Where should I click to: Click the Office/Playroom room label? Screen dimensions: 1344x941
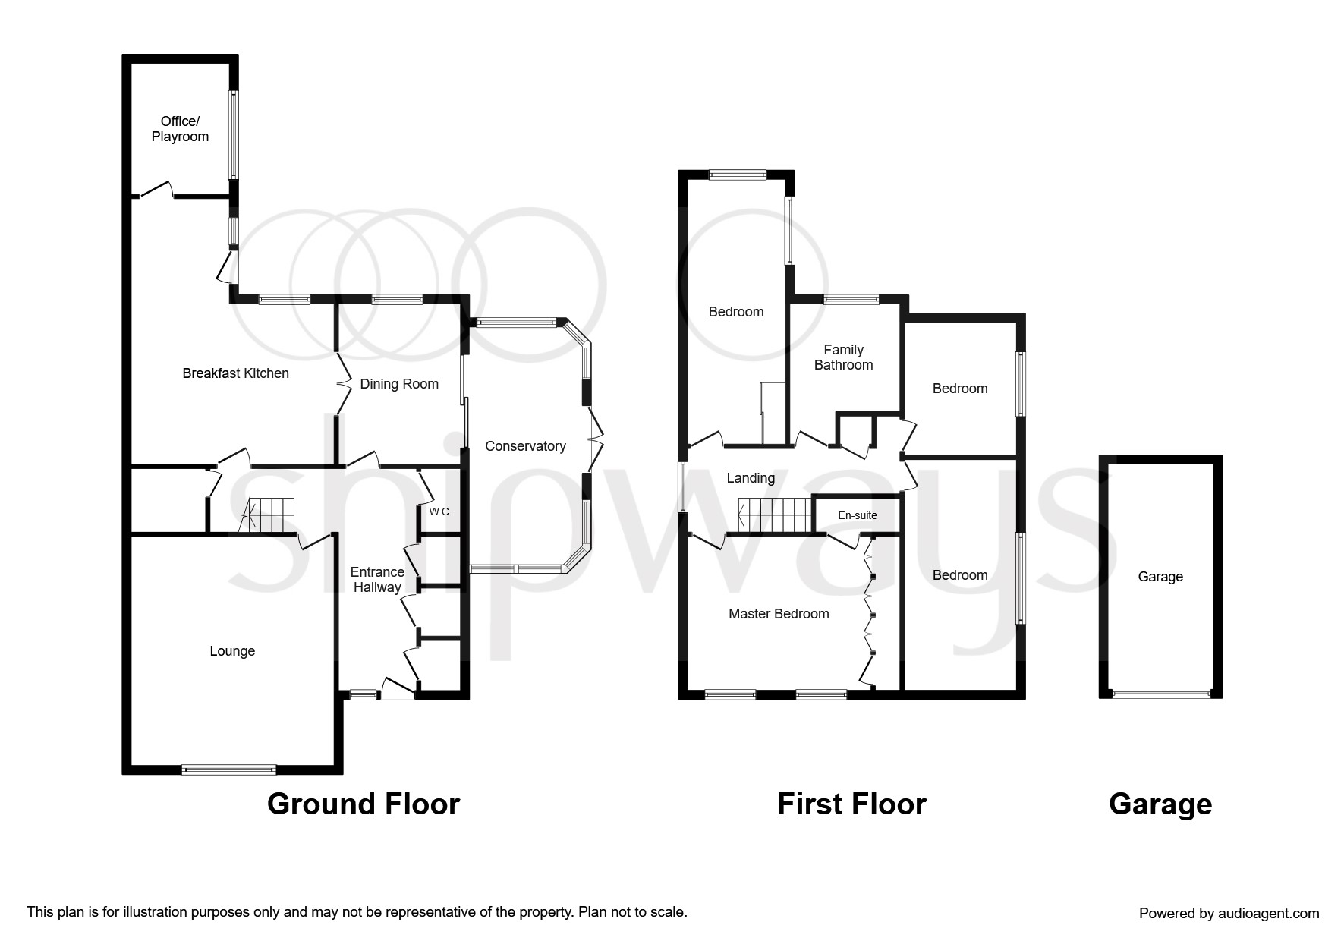click(x=180, y=129)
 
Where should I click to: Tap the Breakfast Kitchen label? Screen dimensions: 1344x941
click(x=235, y=373)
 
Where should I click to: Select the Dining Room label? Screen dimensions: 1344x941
click(x=399, y=384)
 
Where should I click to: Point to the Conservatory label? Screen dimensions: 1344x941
click(x=525, y=446)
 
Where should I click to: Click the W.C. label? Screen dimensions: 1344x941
click(x=440, y=512)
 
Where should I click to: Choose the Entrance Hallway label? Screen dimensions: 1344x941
click(x=377, y=580)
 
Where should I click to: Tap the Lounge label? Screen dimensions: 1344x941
click(x=232, y=651)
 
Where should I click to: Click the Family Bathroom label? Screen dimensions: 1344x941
click(x=844, y=357)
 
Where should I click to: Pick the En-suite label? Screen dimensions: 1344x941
click(x=858, y=515)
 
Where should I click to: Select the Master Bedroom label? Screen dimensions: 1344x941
click(x=779, y=614)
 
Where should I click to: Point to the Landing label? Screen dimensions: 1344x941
click(x=751, y=478)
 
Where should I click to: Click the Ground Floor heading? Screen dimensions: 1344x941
click(x=364, y=804)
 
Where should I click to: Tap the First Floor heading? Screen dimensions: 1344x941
click(x=852, y=804)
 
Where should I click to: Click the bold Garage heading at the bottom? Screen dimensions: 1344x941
click(x=1160, y=804)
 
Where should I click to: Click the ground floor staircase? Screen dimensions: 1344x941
click(x=268, y=515)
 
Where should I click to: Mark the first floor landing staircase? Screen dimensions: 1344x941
click(x=775, y=515)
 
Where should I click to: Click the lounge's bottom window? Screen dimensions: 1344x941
click(x=228, y=769)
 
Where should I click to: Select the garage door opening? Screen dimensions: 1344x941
click(x=1160, y=694)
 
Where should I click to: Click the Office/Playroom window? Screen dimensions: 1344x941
click(x=234, y=135)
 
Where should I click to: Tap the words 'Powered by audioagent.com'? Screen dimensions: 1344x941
click(x=1229, y=914)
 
